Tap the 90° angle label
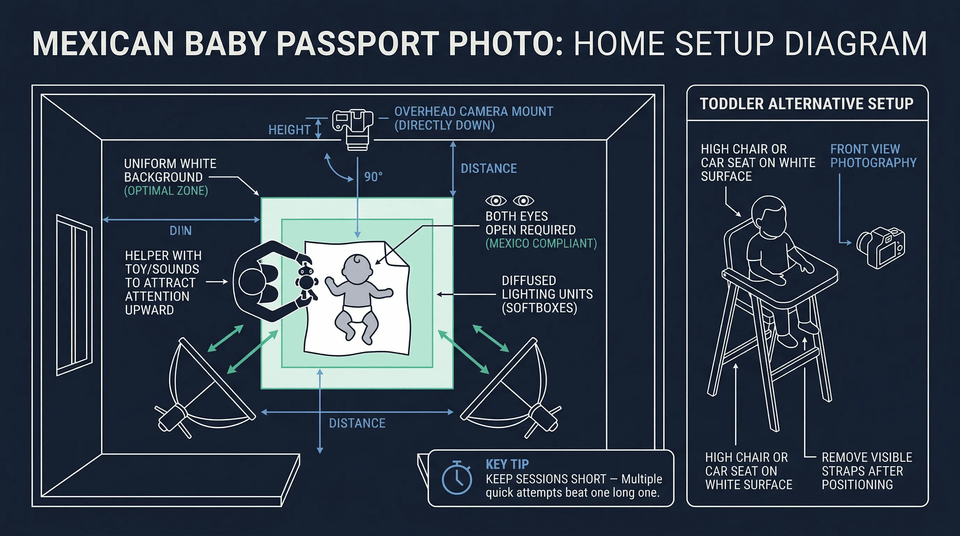point(373,177)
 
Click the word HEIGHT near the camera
point(289,130)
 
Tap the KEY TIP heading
point(507,464)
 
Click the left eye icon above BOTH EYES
point(496,201)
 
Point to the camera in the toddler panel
point(882,247)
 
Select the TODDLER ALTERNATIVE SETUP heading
point(807,104)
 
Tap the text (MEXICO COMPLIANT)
point(541,244)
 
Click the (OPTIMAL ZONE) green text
point(166,191)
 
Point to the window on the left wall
point(74,295)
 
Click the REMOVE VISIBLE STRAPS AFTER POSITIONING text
point(866,471)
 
